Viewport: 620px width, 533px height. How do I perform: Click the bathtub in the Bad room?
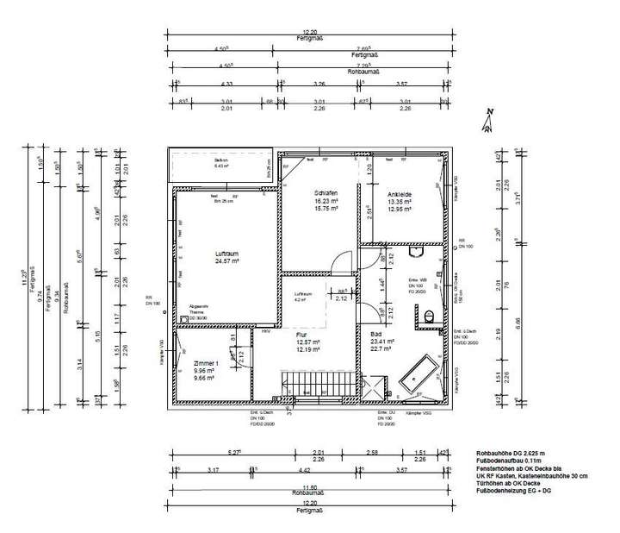tap(416, 373)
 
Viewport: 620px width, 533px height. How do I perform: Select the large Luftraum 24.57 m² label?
tap(226, 256)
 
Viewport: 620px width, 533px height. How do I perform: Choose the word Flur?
tap(301, 334)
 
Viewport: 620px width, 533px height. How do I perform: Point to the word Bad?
tap(376, 333)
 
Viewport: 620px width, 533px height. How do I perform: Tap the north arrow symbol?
tap(487, 123)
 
